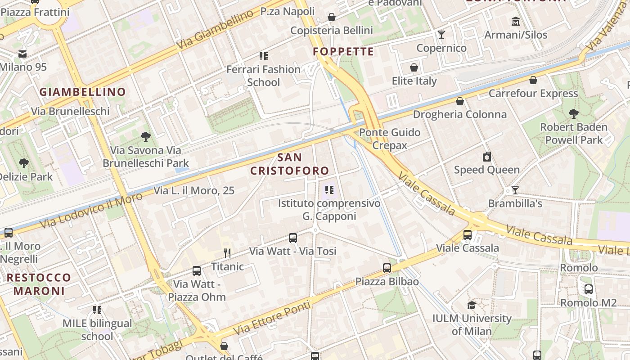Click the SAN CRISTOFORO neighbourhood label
point(290,164)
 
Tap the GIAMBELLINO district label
point(83,92)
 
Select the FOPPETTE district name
point(344,51)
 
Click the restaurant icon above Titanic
point(227,253)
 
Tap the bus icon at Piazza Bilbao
point(387,268)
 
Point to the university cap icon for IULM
point(472,305)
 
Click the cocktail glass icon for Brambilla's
point(515,190)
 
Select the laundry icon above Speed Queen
point(486,157)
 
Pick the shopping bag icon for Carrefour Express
point(533,80)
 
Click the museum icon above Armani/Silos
point(516,21)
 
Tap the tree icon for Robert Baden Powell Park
point(573,113)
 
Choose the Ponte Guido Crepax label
point(390,139)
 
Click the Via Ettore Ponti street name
point(272,318)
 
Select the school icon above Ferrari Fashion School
point(264,56)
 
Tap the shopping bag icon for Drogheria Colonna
point(460,101)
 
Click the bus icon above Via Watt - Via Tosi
point(293,238)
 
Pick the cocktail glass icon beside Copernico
point(441,35)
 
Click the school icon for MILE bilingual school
point(97,310)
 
